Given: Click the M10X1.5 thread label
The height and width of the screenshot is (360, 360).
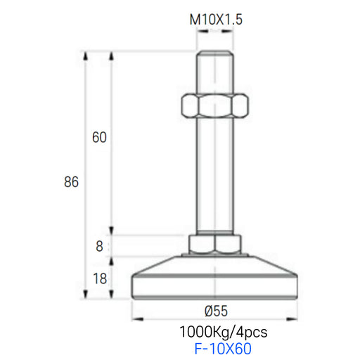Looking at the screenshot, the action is (216, 20).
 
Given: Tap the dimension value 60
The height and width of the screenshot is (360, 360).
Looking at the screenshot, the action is (99, 137).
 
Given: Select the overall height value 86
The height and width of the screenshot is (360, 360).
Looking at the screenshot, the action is (71, 182).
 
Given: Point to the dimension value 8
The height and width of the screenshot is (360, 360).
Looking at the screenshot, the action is (99, 246).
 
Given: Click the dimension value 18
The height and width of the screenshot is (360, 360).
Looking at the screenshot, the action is (100, 278).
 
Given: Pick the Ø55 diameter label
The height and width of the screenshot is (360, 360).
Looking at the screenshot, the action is (216, 311).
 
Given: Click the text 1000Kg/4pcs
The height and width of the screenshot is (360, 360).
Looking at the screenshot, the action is (224, 332).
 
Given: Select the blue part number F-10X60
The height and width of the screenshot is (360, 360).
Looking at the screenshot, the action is (223, 349).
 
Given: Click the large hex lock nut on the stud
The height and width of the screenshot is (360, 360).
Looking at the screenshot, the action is (214, 105).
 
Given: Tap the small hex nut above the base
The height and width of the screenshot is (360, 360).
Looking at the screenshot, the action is (215, 244).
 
